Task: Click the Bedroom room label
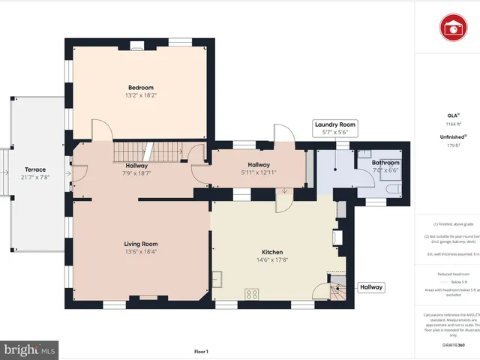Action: (x=140, y=88)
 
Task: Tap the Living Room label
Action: (x=140, y=244)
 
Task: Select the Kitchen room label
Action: (x=271, y=252)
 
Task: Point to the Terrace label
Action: (x=35, y=169)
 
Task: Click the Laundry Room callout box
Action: (x=334, y=127)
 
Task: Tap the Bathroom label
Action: (x=386, y=163)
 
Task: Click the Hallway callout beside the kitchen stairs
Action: (x=371, y=286)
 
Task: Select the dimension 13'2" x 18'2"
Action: (x=140, y=96)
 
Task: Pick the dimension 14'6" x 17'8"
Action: (x=271, y=260)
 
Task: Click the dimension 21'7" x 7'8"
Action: (x=35, y=178)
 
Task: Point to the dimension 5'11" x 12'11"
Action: (x=259, y=172)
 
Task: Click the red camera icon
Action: (x=452, y=28)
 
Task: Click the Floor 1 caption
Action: (x=201, y=331)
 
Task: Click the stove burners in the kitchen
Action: (x=252, y=293)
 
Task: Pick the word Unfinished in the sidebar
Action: (x=450, y=137)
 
